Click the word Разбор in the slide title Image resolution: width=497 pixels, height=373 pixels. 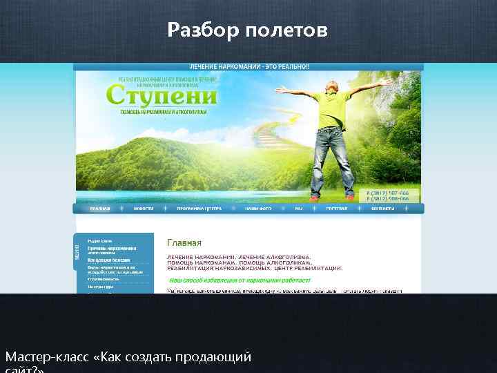(x=201, y=30)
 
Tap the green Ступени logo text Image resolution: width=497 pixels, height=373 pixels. (x=162, y=95)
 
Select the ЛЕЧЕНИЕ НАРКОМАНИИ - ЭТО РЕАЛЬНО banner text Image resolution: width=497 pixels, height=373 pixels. (x=250, y=66)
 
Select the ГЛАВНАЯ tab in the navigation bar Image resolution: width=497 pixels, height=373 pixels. (x=99, y=208)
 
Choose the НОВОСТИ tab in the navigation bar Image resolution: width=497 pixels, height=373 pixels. (x=144, y=208)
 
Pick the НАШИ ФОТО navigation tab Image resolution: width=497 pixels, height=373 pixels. (x=257, y=208)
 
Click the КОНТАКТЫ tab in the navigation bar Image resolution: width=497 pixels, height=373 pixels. (x=383, y=208)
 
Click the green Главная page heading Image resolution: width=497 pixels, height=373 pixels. (x=184, y=242)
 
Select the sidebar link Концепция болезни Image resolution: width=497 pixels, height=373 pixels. (x=109, y=260)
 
